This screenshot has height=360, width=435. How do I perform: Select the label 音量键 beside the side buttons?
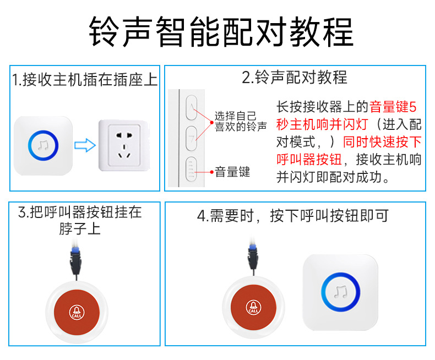click(x=232, y=172)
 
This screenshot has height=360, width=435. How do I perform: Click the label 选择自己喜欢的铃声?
click(x=240, y=121)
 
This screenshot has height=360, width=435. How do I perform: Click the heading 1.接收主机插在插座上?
click(x=85, y=80)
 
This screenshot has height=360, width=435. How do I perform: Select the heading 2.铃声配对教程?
click(x=295, y=78)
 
